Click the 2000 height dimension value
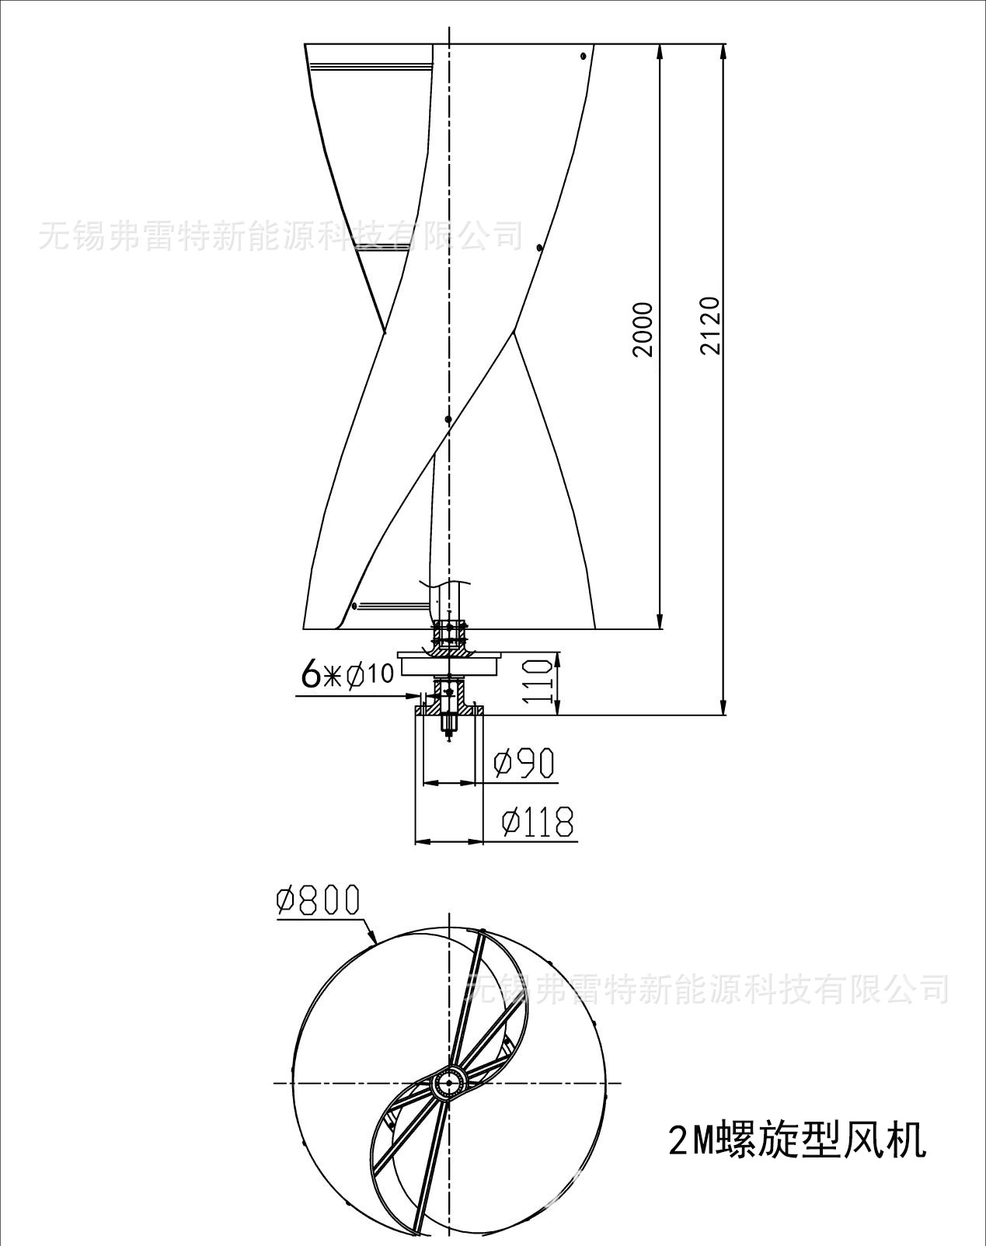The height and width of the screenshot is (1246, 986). pyautogui.click(x=643, y=329)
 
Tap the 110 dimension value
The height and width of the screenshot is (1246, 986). pyautogui.click(x=535, y=680)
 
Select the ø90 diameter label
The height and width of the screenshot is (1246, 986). pyautogui.click(x=524, y=763)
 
